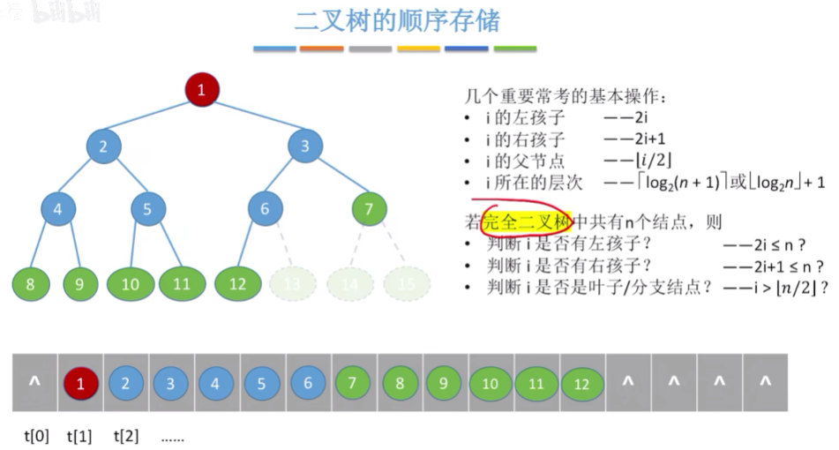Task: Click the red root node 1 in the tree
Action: pos(201,89)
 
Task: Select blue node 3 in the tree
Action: pos(304,146)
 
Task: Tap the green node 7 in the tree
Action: pos(368,209)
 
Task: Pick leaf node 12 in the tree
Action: pos(236,284)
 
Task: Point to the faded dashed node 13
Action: pos(292,284)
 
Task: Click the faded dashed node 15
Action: pos(406,284)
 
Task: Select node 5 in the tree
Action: pos(147,209)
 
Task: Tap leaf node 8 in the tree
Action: pos(30,284)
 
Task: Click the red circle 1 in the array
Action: pos(80,384)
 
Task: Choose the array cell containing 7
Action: pos(354,384)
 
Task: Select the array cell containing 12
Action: pos(581,384)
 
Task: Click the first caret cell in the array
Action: pos(34,383)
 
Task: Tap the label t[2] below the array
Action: pos(126,436)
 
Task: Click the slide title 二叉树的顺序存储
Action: pos(401,21)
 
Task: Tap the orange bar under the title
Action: pos(321,49)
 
